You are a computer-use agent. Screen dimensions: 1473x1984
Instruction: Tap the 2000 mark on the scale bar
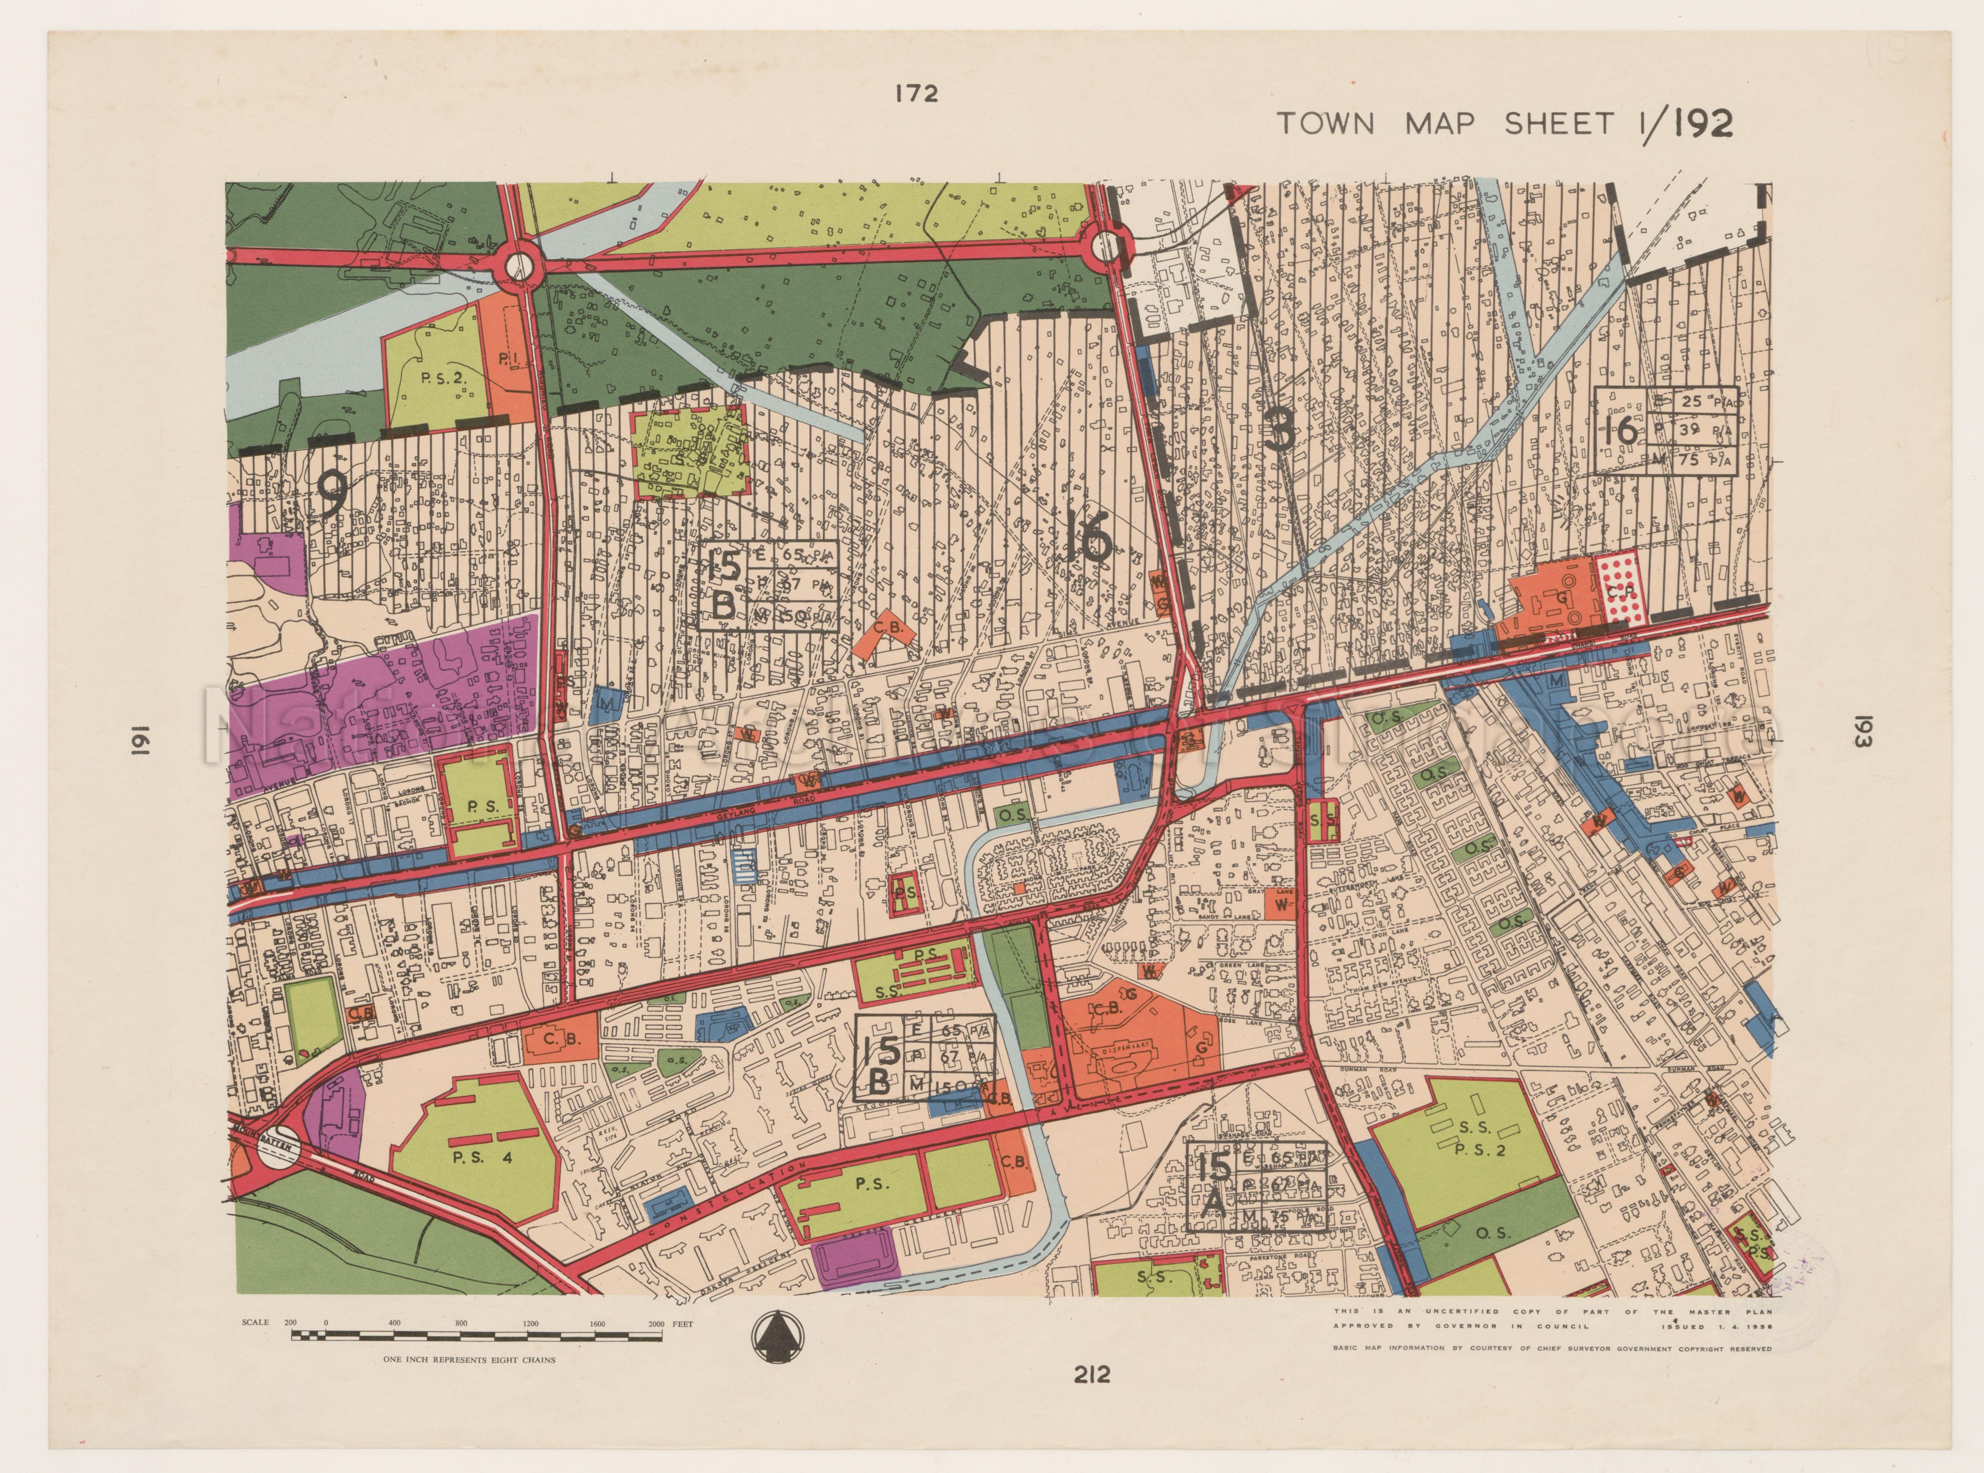(x=656, y=1324)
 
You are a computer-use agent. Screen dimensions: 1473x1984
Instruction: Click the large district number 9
(x=332, y=493)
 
